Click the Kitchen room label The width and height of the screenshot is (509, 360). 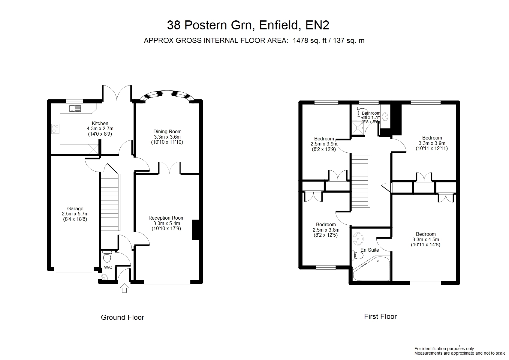[x=100, y=123]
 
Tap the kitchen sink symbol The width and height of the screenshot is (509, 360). [x=75, y=109]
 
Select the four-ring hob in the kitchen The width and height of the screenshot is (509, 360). [x=55, y=129]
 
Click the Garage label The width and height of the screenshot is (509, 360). [x=75, y=208]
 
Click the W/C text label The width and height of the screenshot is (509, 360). [x=108, y=267]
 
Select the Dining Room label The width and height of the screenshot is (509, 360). [x=167, y=131]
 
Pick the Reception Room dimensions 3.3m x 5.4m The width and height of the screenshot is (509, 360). [x=167, y=223]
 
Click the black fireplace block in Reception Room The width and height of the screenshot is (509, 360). [x=195, y=229]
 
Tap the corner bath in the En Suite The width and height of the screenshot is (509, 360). [x=371, y=268]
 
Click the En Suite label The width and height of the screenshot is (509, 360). [x=370, y=250]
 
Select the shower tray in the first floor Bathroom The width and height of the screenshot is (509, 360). [x=358, y=128]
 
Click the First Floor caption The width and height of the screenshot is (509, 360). [x=380, y=316]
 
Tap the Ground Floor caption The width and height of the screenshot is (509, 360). [x=122, y=317]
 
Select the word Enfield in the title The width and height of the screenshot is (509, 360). [x=279, y=25]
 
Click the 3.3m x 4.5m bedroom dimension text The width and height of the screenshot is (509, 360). [x=426, y=239]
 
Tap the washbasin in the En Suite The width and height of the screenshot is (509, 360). [x=358, y=239]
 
